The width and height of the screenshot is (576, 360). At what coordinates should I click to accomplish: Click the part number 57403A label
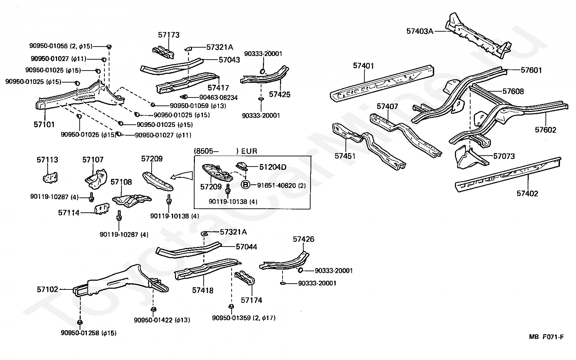pos(420,31)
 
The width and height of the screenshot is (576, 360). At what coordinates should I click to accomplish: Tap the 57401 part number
pos(363,66)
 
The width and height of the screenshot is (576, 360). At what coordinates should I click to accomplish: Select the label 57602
pos(545,130)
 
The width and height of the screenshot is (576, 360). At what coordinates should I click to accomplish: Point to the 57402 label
pos(527,193)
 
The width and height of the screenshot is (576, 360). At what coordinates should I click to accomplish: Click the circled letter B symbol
pos(245,185)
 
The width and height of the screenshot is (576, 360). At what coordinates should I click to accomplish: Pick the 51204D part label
pos(273,167)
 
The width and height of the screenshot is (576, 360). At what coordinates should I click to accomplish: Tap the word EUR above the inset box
pos(249,151)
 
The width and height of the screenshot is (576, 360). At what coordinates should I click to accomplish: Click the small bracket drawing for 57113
pos(50,178)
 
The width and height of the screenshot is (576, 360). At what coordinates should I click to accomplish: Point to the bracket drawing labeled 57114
pos(102,208)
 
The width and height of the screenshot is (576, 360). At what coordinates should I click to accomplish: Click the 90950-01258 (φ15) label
pos(88,333)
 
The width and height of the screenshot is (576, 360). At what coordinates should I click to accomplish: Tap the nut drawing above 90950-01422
pos(153,309)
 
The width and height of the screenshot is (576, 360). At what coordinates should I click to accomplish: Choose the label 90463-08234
pos(218,97)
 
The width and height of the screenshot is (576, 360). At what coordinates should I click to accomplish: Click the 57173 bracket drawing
pos(164,53)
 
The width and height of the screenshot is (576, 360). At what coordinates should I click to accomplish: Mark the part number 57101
pos(44,124)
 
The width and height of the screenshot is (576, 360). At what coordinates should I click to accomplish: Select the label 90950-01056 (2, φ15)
pos(61,46)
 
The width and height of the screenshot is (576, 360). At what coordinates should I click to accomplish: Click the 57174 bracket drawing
pos(244,278)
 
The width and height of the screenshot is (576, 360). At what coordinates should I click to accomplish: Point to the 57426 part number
pos(303,239)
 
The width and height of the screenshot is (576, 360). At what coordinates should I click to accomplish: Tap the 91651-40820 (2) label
pos(281,185)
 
